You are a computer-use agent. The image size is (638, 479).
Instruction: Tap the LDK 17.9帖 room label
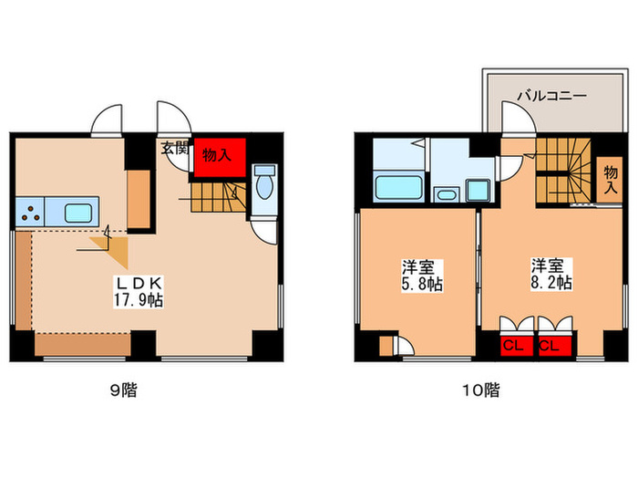(139, 290)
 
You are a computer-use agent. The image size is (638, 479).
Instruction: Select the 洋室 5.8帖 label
(422, 276)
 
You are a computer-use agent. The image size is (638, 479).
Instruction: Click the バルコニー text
(551, 95)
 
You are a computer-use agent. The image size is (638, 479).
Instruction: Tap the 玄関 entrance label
(174, 148)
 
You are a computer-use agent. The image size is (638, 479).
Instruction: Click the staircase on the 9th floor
(219, 196)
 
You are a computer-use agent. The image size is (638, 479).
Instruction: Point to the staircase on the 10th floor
(562, 173)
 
